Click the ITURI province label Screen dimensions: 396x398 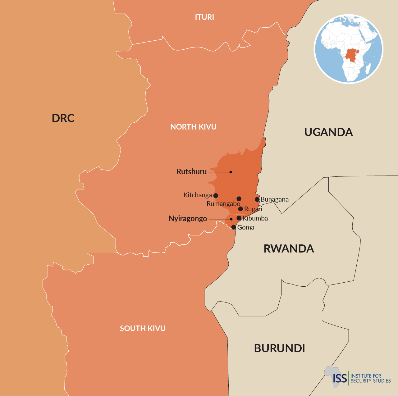(204, 17)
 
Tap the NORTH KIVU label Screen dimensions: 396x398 (193, 127)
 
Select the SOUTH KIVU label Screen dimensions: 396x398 (143, 328)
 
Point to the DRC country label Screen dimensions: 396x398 (63, 118)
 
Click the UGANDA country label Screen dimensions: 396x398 (328, 132)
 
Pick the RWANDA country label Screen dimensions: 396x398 (289, 249)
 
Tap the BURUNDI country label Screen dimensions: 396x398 (279, 348)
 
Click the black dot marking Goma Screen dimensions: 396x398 (234, 227)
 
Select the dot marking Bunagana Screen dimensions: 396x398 (257, 199)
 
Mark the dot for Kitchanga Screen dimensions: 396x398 (216, 196)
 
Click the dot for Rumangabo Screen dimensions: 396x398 (239, 199)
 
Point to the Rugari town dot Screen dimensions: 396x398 (240, 209)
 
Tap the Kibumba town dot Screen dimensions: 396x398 (239, 218)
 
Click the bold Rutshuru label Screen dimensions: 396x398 (191, 172)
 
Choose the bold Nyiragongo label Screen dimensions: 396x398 (188, 219)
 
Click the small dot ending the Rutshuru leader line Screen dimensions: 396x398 (231, 172)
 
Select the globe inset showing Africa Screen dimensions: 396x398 (349, 49)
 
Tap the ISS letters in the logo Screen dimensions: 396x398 (340, 378)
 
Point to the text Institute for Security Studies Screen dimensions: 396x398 (370, 378)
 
